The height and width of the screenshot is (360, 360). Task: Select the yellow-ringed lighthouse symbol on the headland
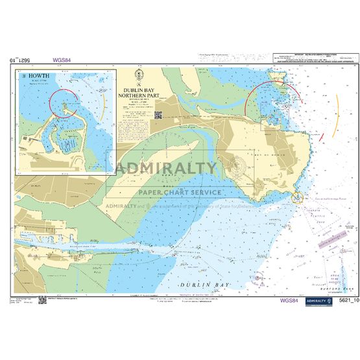[x=298, y=197]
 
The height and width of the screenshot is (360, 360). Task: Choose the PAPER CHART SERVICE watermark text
[x=180, y=192]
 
